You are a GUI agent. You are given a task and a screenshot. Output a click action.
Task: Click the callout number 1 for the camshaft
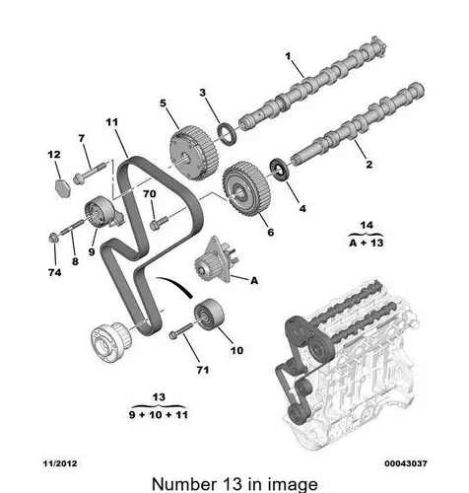click(x=288, y=56)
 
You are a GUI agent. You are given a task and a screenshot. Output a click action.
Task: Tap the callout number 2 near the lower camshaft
click(x=369, y=164)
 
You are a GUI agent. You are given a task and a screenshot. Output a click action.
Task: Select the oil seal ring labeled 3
click(x=227, y=133)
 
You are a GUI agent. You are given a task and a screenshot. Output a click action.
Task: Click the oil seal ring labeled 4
click(x=280, y=170)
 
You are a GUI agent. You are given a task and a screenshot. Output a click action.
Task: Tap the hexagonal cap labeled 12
click(x=62, y=188)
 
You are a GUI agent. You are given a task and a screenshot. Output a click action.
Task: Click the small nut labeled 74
click(x=53, y=238)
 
